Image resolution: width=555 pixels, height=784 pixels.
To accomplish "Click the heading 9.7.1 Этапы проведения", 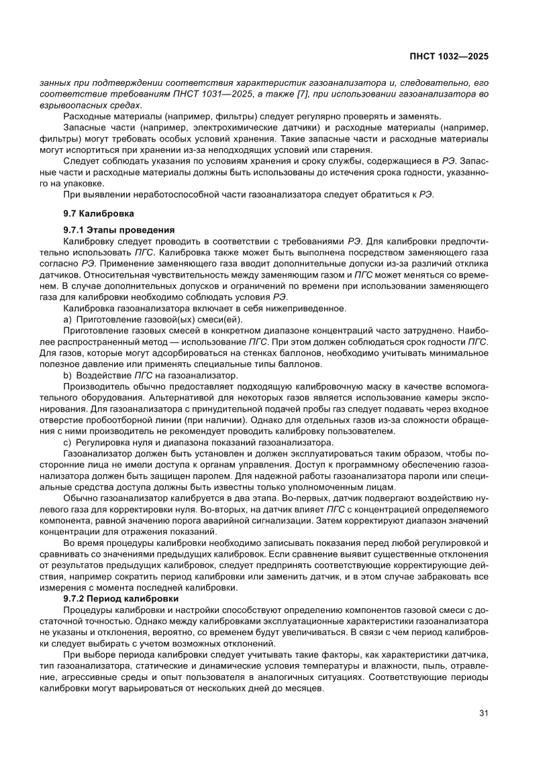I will [119, 229].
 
